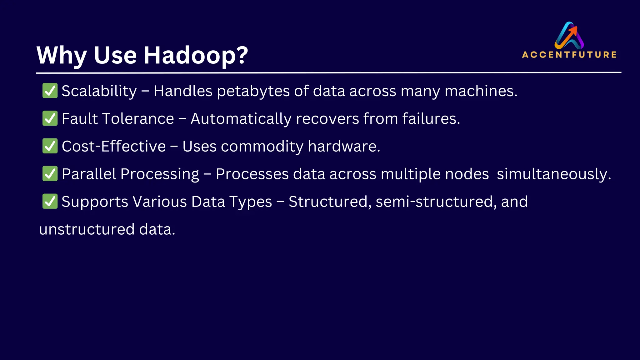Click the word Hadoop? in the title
tap(196, 55)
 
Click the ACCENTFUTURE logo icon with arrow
tap(569, 35)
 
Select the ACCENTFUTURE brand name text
tap(569, 55)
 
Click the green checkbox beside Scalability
tap(50, 91)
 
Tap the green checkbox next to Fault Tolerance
tap(50, 118)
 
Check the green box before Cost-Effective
tap(50, 146)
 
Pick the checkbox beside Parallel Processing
tap(50, 174)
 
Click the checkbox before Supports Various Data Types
tap(50, 201)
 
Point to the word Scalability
tap(99, 91)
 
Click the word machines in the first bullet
tap(481, 91)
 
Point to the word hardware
tap(344, 146)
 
